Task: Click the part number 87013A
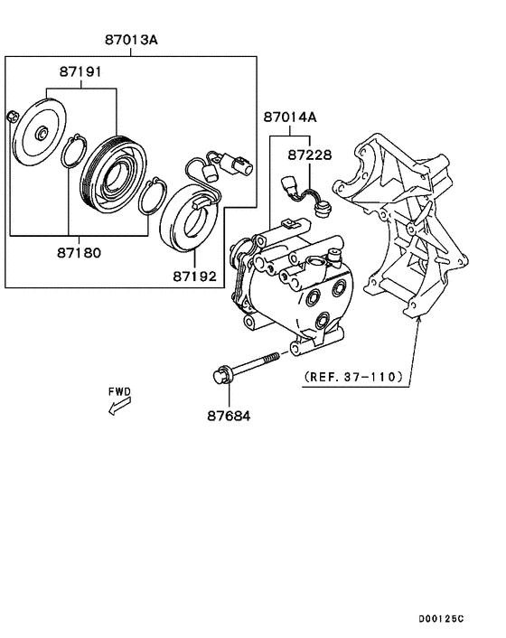coord(131,40)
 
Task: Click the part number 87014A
coord(291,117)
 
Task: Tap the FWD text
coord(119,391)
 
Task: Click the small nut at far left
coord(13,117)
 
